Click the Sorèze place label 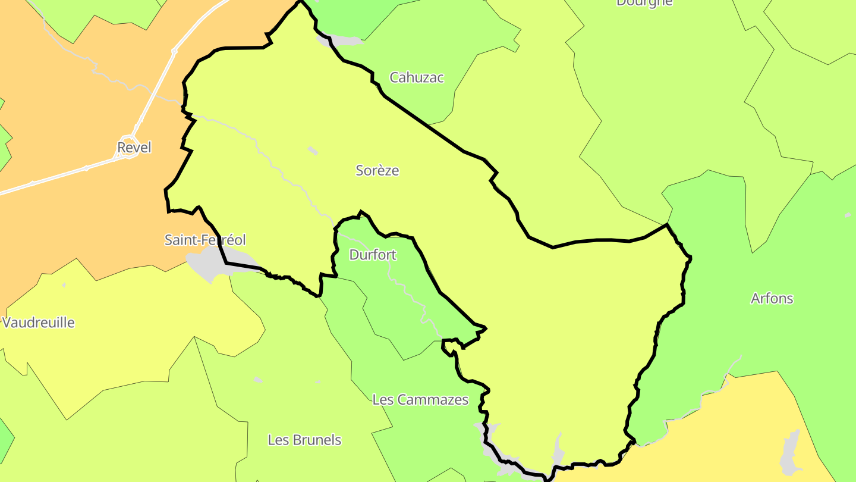[x=377, y=171]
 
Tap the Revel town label [x=134, y=148]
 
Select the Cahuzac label [x=416, y=77]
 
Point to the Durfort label [x=373, y=255]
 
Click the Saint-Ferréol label [x=204, y=240]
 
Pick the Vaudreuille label [x=39, y=323]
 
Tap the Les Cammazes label [x=420, y=400]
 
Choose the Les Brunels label [x=304, y=440]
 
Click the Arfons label [x=772, y=298]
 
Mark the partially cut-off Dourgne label [x=644, y=2]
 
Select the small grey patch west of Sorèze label [x=313, y=151]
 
